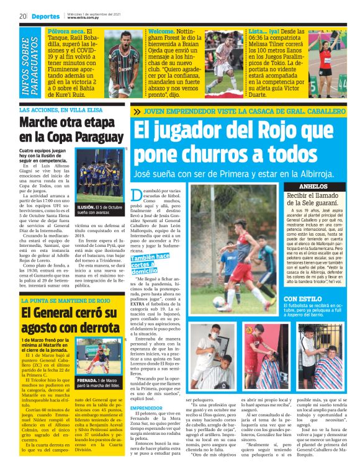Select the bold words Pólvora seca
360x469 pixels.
(x=65, y=31)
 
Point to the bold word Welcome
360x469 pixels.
(x=161, y=31)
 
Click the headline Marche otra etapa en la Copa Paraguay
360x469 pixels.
(x=71, y=130)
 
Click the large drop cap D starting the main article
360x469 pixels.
(x=137, y=198)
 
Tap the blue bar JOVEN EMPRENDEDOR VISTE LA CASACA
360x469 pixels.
(x=242, y=112)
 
